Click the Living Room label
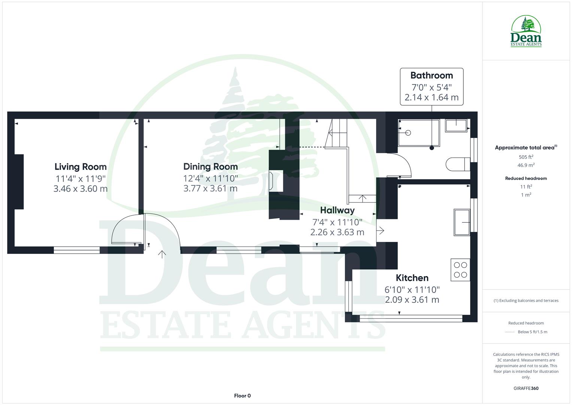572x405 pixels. click(81, 166)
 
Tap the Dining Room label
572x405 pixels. click(211, 166)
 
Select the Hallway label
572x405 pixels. click(337, 210)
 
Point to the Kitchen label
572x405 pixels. click(412, 278)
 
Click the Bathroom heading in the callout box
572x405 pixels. click(432, 75)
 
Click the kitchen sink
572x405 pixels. click(462, 222)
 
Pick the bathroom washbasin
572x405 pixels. click(456, 125)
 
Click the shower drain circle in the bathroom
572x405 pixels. click(408, 133)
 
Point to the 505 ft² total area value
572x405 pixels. click(526, 157)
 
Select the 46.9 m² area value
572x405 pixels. click(526, 165)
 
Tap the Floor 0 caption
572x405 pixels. click(242, 396)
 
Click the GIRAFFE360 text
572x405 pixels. click(526, 388)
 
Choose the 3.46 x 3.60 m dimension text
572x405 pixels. click(81, 189)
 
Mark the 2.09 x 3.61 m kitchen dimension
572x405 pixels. click(412, 300)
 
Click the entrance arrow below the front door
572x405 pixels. click(162, 254)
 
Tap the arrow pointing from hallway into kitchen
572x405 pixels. click(381, 230)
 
